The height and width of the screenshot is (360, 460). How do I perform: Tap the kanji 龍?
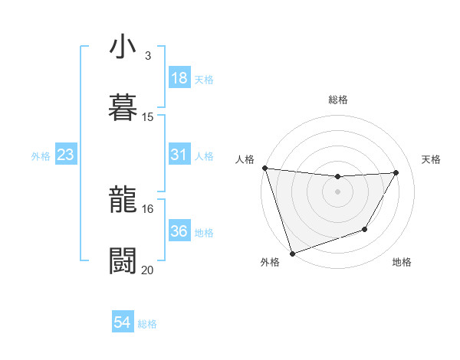tap(122, 200)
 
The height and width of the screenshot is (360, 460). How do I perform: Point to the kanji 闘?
tap(122, 261)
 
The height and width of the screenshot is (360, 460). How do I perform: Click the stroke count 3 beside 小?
tap(147, 56)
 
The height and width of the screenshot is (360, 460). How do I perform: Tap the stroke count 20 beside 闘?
tap(148, 270)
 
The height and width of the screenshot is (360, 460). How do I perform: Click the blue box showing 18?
tap(179, 78)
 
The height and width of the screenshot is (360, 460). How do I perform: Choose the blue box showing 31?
tap(179, 155)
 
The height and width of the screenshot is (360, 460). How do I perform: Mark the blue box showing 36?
tap(179, 231)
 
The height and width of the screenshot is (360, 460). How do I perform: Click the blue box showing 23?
tap(66, 155)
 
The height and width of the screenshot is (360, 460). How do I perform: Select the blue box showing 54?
tap(122, 323)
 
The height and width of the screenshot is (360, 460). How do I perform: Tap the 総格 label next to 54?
tap(147, 324)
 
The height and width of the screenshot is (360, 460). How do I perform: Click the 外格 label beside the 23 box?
tap(41, 156)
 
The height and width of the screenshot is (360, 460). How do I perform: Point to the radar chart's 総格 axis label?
tap(337, 100)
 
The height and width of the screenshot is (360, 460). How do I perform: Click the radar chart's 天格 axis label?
tap(431, 159)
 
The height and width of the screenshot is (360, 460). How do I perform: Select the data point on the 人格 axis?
tap(264, 168)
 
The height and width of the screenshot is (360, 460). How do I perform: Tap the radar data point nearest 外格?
tap(292, 253)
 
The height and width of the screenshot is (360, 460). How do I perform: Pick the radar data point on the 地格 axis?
tap(365, 229)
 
